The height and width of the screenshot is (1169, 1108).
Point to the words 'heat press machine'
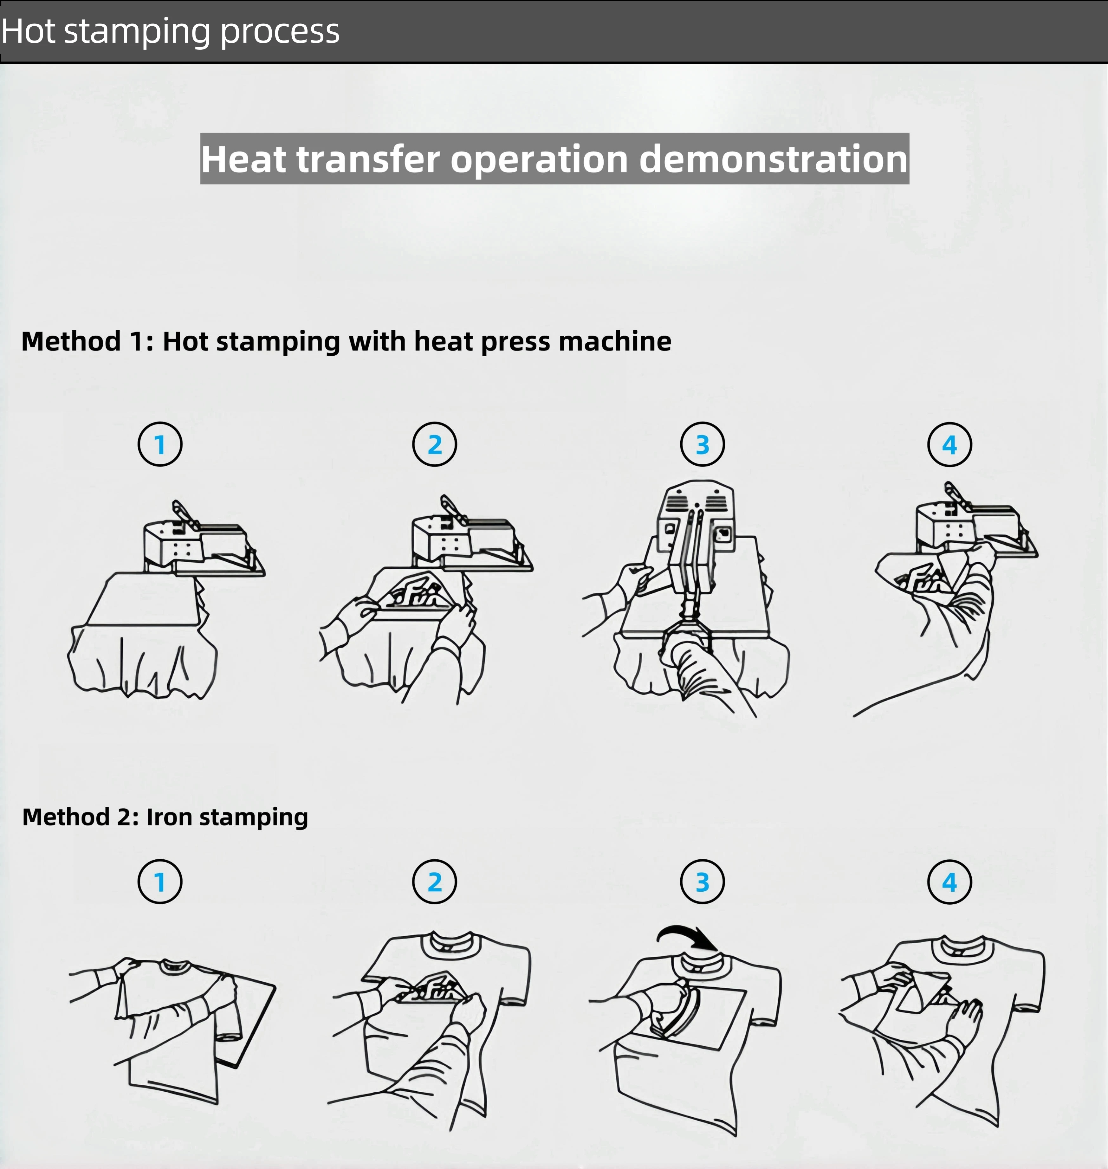[x=543, y=342]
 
